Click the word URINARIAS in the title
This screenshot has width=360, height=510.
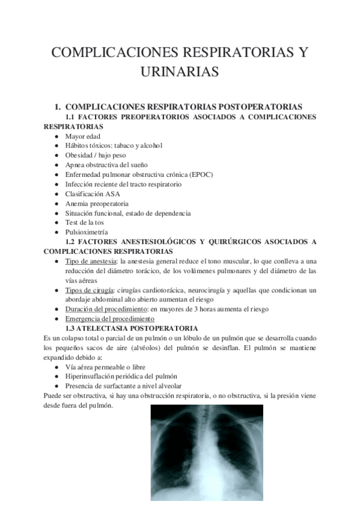coord(180,73)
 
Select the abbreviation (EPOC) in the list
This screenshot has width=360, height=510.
coord(200,174)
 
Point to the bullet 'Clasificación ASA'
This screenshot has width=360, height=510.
coord(94,194)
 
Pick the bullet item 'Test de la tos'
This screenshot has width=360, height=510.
coord(85,223)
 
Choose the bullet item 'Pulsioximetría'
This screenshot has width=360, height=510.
coord(87,232)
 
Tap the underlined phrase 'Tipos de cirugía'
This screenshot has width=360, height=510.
coord(90,290)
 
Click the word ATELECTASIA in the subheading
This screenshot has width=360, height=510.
coord(111,328)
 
